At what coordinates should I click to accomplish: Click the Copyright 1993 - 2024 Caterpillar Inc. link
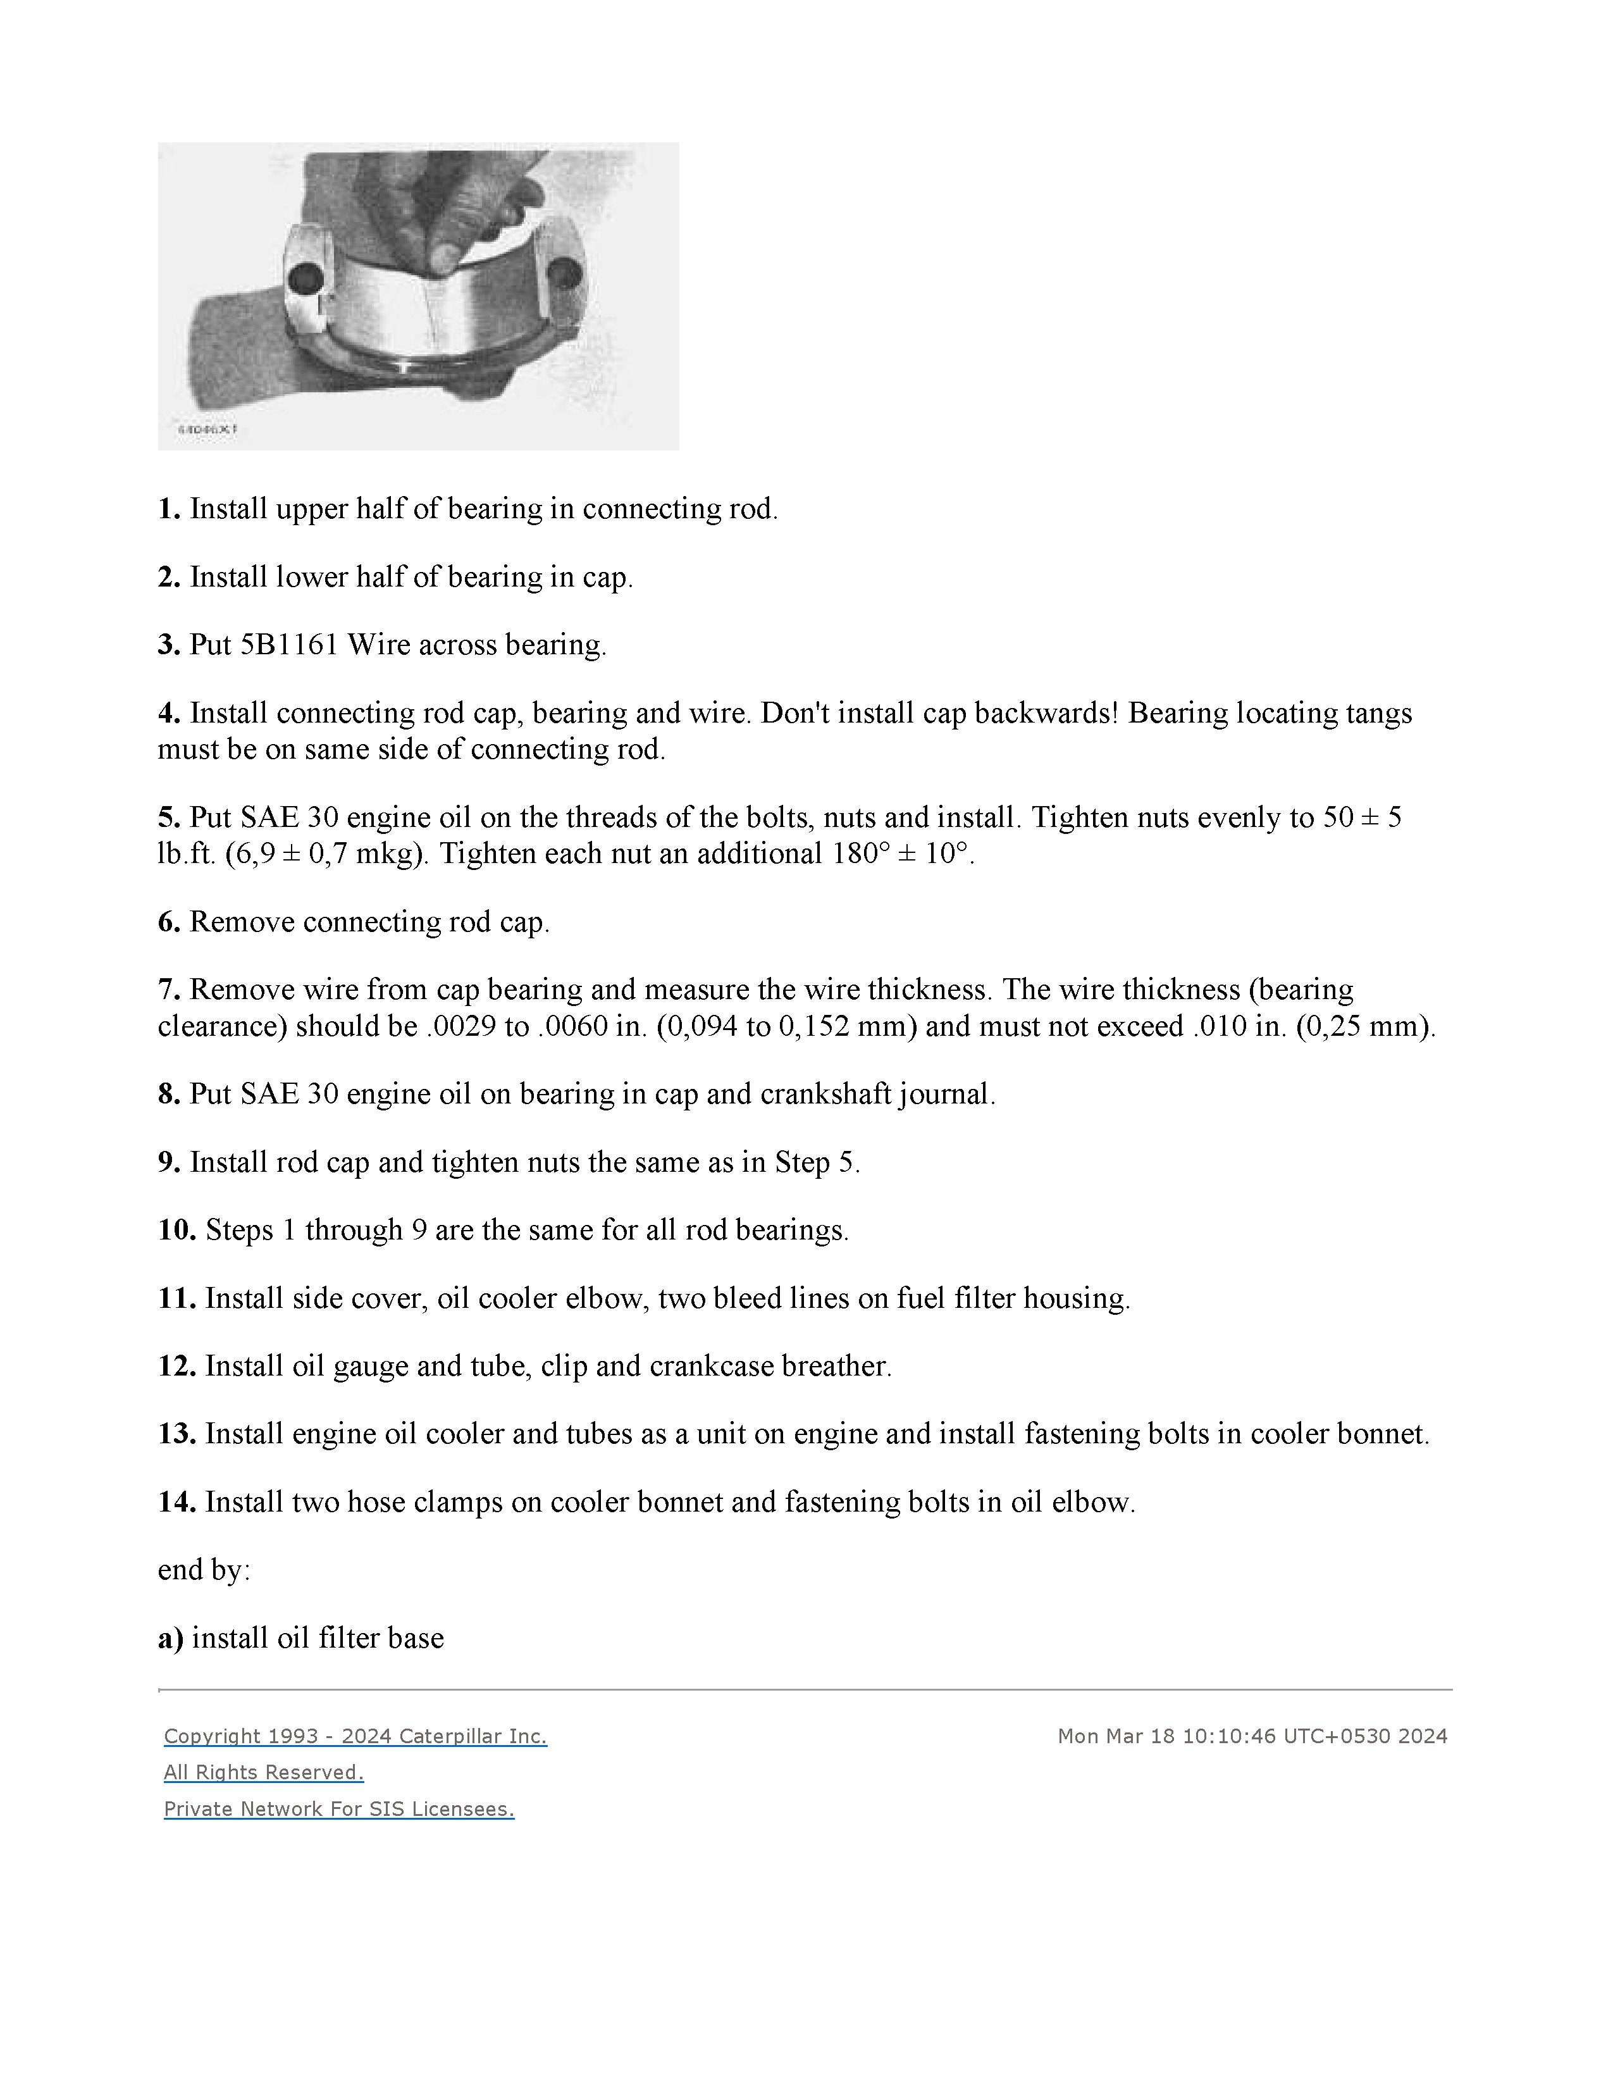(355, 1736)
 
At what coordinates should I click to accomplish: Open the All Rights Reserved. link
(264, 1772)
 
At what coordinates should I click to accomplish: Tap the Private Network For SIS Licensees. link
(339, 1809)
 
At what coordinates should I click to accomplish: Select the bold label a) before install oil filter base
(170, 1639)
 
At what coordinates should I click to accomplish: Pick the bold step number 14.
(176, 1502)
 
